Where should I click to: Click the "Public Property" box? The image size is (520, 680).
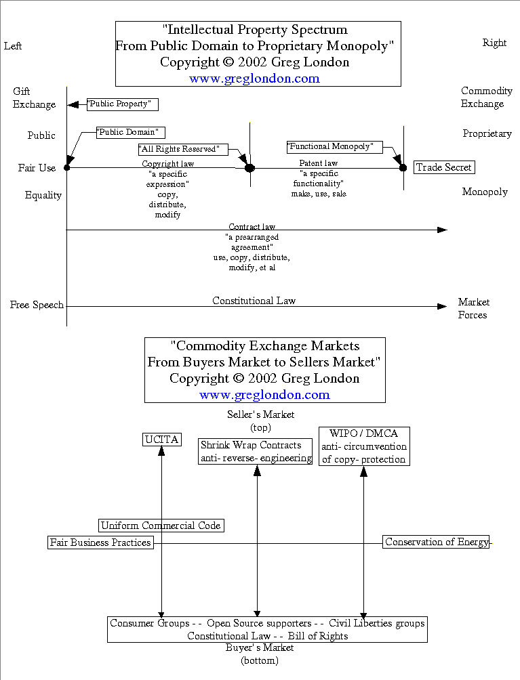click(x=123, y=104)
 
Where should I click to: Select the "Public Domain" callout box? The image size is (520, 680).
click(x=131, y=132)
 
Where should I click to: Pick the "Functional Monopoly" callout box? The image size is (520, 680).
click(x=334, y=146)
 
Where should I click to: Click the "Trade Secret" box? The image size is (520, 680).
click(x=444, y=167)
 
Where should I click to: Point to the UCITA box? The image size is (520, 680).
click(x=162, y=440)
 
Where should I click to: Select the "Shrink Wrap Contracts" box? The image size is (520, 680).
click(x=256, y=452)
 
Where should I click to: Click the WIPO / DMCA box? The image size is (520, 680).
click(x=364, y=446)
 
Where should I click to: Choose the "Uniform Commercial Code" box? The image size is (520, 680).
click(x=161, y=526)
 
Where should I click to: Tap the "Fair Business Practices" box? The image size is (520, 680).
click(x=100, y=543)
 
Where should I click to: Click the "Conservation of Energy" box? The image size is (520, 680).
click(x=437, y=542)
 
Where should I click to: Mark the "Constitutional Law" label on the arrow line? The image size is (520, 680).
click(x=254, y=301)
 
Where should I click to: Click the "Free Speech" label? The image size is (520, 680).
click(x=37, y=305)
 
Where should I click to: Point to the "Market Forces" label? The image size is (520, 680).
click(x=473, y=308)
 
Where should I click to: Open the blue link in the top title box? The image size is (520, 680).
click(x=254, y=79)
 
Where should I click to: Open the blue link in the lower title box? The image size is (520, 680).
click(x=264, y=395)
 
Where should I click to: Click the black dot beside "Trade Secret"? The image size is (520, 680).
click(x=403, y=167)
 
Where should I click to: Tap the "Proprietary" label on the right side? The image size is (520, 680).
click(x=487, y=133)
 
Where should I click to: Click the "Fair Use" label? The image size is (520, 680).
click(x=37, y=168)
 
